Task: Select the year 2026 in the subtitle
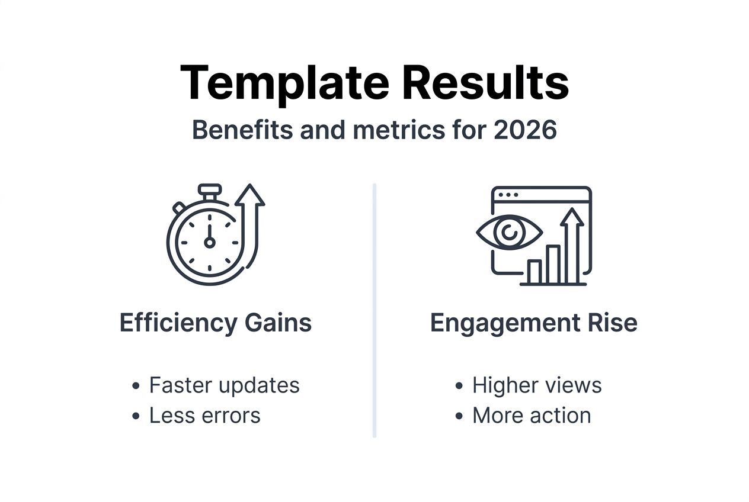[x=525, y=130]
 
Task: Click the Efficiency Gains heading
[x=216, y=323]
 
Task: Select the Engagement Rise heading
[x=533, y=323]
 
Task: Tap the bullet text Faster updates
[x=224, y=385]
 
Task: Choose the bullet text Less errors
[x=204, y=416]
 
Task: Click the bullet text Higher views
[x=537, y=385]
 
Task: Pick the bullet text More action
[x=532, y=416]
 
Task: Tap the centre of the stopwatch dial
[x=209, y=242]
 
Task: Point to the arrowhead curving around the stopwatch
[x=250, y=195]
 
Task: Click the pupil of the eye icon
[x=508, y=233]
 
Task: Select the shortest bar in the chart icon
[x=534, y=272]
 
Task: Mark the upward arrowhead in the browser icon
[x=572, y=217]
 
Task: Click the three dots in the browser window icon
[x=508, y=195]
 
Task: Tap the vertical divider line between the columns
[x=375, y=310]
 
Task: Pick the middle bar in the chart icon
[x=553, y=264]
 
